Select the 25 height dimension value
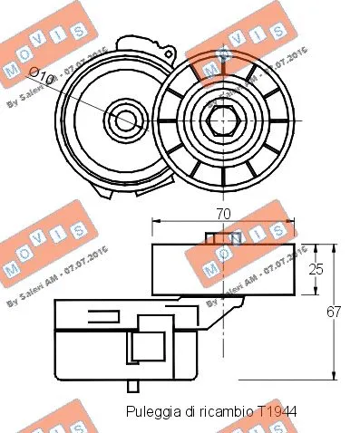pos(316,268)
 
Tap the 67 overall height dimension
pos(333,312)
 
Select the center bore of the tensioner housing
pos(122,119)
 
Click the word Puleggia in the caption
pos(151,410)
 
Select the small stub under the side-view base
pos(134,385)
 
